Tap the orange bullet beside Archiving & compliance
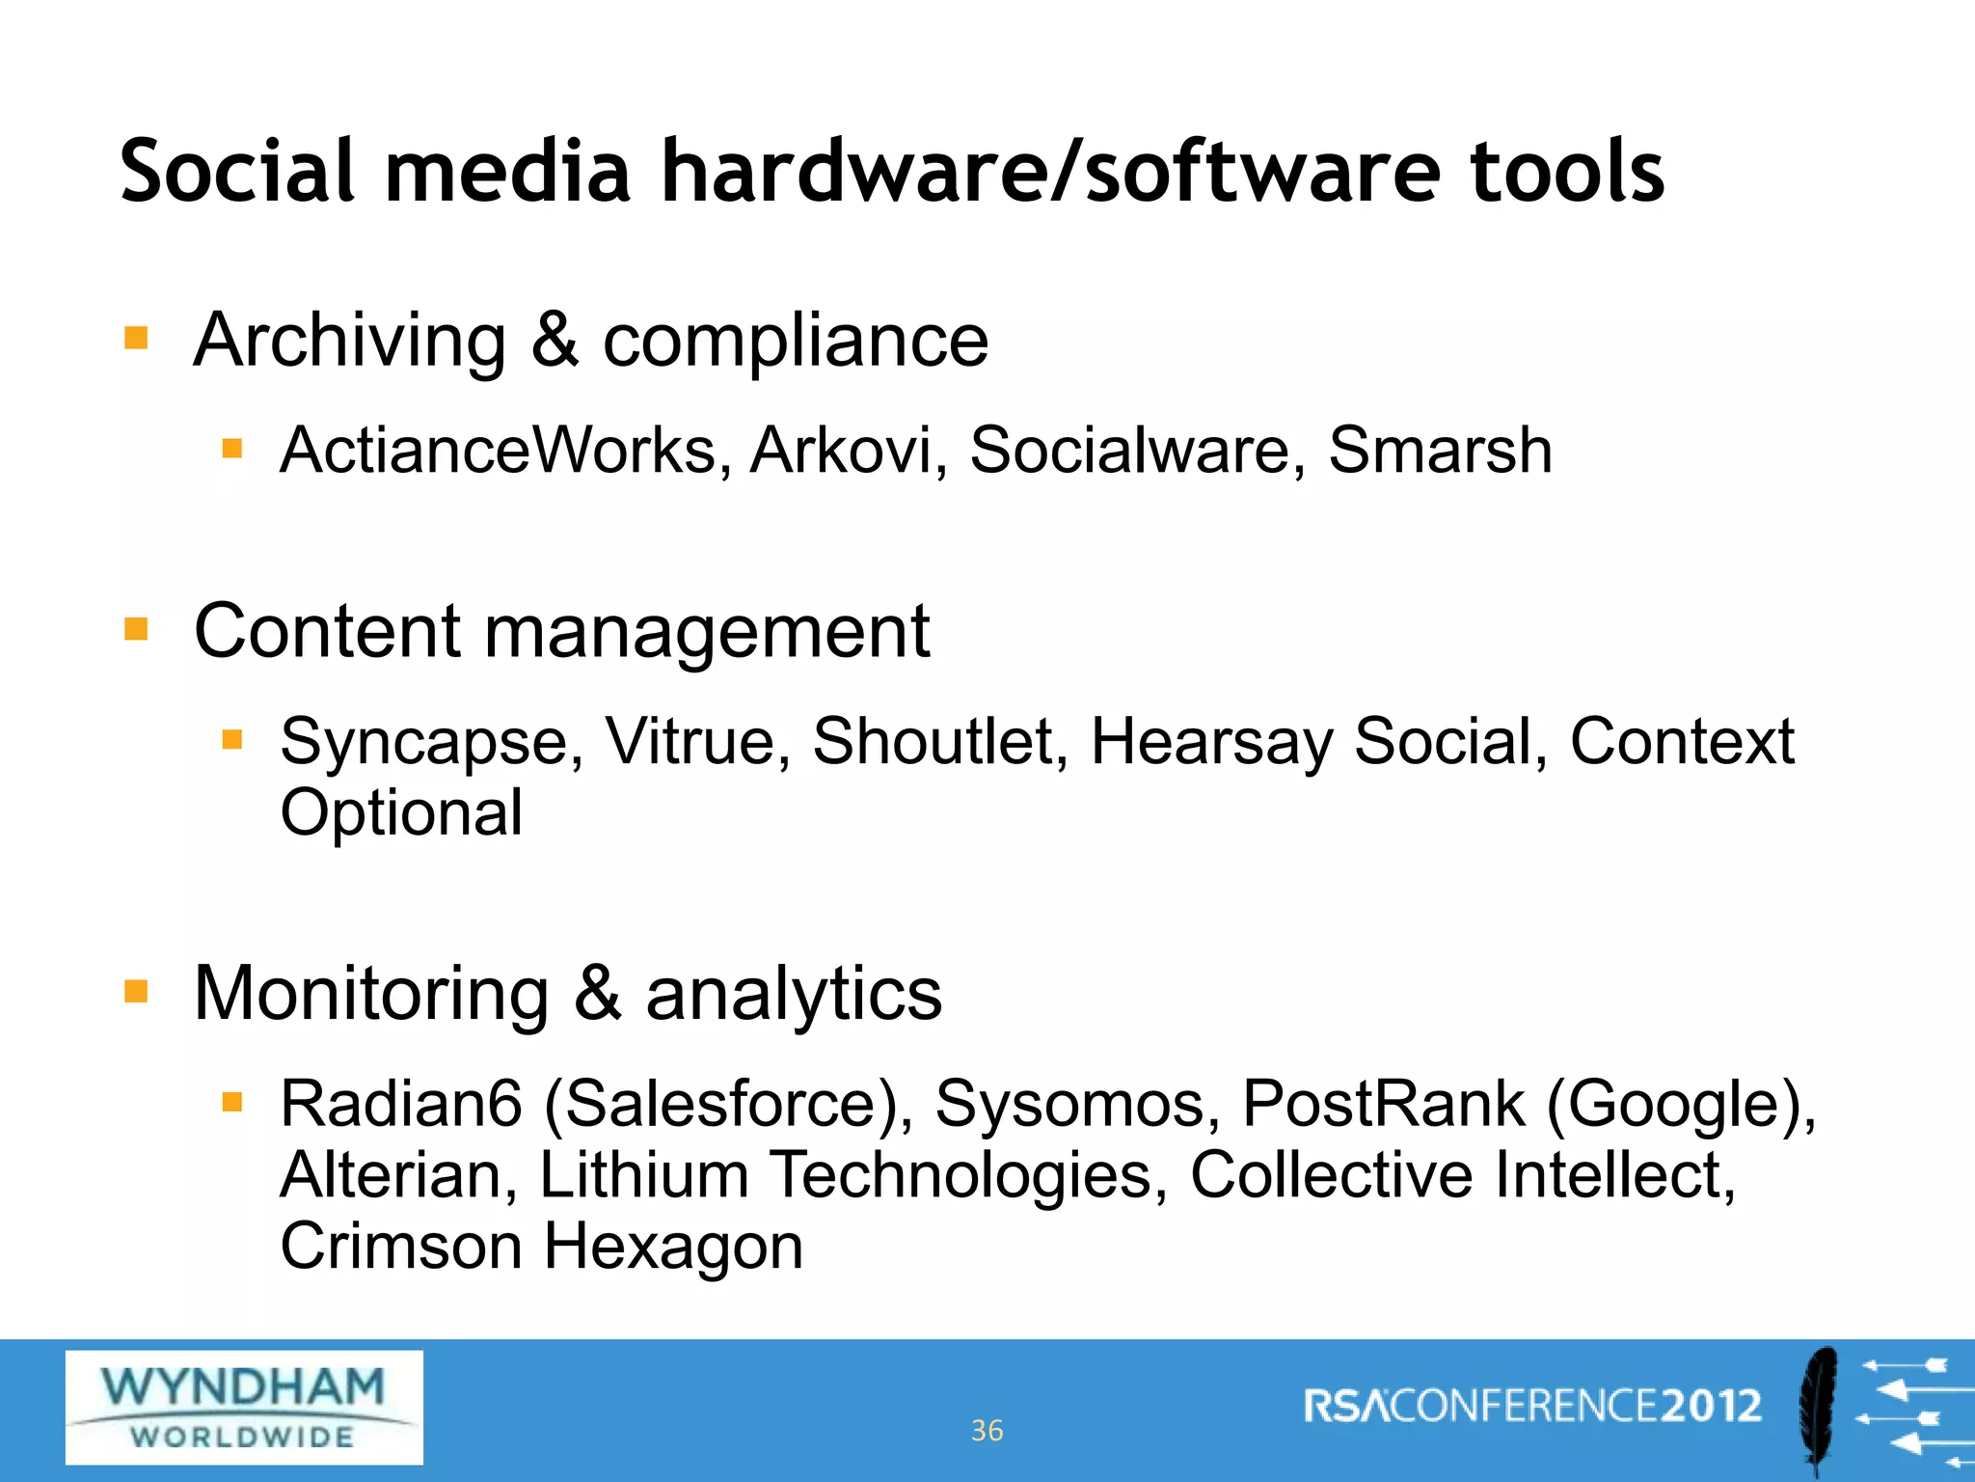click(x=136, y=338)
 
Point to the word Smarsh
click(x=1440, y=451)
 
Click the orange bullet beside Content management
click(x=136, y=630)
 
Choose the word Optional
click(x=401, y=813)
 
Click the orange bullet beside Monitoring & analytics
click(x=136, y=991)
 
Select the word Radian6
click(x=400, y=1104)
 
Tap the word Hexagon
click(x=673, y=1247)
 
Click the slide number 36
click(x=987, y=1430)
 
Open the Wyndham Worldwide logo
click(x=244, y=1407)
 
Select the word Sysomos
click(x=1069, y=1104)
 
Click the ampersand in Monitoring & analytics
click(x=597, y=993)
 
